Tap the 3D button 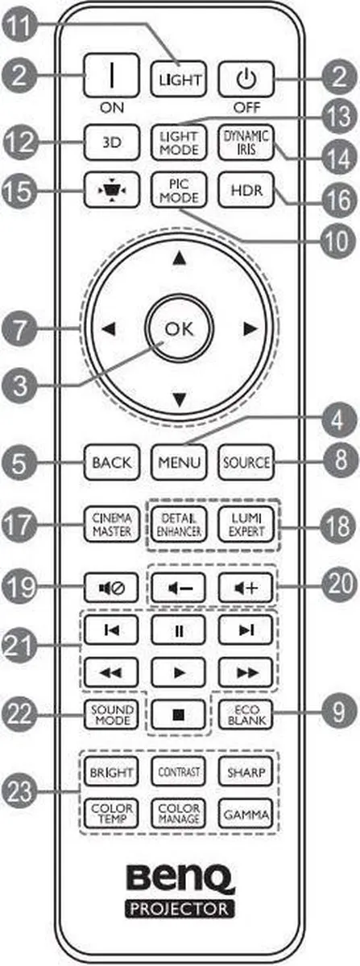click(112, 142)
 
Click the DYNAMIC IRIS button click(246, 142)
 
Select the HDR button click(246, 190)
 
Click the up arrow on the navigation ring click(179, 258)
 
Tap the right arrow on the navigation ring click(250, 329)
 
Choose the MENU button click(179, 462)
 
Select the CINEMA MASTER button click(112, 525)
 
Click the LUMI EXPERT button click(246, 525)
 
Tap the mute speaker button click(112, 587)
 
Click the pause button click(178, 630)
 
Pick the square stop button click(178, 715)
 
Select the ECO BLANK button click(246, 715)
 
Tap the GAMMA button click(246, 814)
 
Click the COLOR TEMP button click(112, 814)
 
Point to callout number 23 click(19, 791)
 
